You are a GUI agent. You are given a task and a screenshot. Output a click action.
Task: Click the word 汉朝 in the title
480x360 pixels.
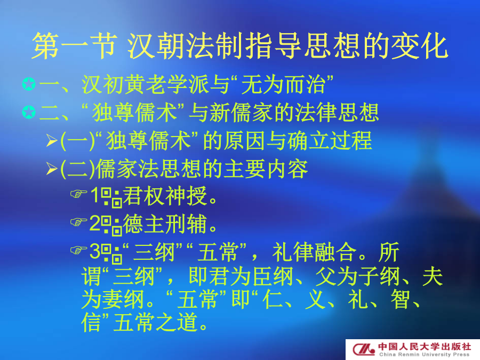156,46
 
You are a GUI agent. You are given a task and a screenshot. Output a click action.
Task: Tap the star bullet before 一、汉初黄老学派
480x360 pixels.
29,84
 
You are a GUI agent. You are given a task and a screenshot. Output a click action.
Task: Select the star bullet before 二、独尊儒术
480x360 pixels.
29,113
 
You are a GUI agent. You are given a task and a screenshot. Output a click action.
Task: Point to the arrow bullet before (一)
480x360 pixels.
52,140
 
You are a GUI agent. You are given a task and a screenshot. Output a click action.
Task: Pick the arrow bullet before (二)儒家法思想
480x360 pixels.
52,169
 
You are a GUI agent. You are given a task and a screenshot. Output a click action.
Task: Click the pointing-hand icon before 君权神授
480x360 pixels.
79,194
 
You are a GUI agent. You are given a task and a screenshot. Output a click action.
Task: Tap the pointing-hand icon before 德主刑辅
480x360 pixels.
79,222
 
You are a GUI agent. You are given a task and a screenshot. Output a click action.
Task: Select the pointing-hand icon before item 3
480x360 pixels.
79,250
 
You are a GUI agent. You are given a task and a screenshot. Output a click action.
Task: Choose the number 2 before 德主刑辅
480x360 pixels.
95,223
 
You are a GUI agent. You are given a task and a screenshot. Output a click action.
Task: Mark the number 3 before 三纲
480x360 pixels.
95,251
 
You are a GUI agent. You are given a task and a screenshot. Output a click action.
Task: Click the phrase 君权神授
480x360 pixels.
165,196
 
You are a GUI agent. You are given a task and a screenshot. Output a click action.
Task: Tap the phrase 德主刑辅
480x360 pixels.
165,224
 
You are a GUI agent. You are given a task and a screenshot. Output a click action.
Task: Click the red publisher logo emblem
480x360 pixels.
363,349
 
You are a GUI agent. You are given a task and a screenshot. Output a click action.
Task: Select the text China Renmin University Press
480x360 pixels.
425,355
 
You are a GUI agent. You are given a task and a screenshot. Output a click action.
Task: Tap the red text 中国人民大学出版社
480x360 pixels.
425,347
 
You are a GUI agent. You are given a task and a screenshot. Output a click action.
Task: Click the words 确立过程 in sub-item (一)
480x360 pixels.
330,141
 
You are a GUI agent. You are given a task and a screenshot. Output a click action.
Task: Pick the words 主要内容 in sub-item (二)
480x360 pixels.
266,169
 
